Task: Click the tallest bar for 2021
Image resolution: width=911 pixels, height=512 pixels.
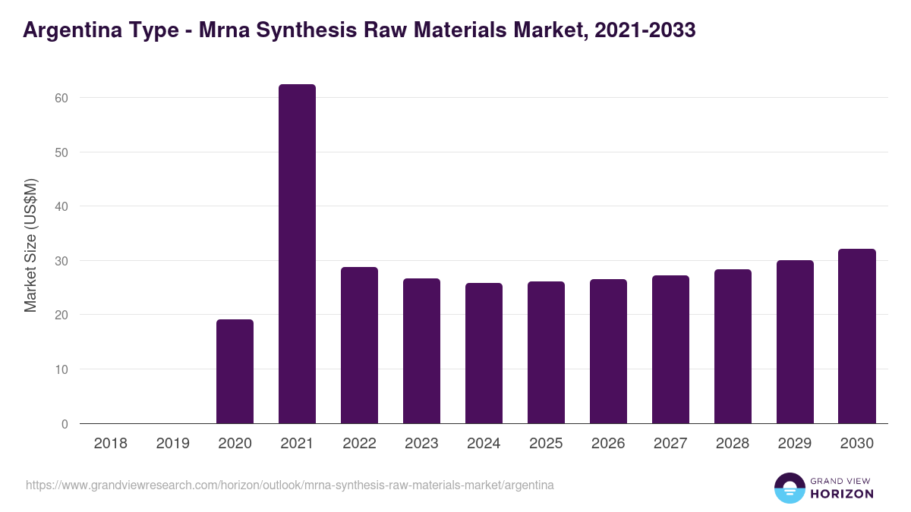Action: coord(297,254)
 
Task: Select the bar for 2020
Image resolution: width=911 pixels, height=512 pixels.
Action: coord(235,372)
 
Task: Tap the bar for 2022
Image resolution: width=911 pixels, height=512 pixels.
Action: coord(359,345)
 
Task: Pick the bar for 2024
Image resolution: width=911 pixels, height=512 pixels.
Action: coord(484,353)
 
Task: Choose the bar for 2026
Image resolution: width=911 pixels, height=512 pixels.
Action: coord(608,351)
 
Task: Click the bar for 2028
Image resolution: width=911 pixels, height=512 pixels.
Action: coord(733,347)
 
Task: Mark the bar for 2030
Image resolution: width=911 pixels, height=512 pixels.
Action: coord(857,336)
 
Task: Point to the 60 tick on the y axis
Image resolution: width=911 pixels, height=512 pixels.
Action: coord(61,98)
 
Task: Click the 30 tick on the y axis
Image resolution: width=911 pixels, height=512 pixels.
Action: coord(61,261)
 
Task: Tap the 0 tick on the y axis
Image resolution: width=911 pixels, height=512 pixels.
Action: coord(65,424)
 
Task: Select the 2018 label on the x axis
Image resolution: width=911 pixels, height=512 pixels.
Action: coord(110,444)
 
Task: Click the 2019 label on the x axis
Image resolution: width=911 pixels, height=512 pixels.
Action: coord(172,444)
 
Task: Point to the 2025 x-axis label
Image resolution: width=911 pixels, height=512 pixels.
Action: coord(546,444)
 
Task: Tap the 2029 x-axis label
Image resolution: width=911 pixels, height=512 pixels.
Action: coord(795,444)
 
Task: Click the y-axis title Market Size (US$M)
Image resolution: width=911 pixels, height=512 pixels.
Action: coord(30,245)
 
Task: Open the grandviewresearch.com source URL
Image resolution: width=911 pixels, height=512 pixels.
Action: coord(289,485)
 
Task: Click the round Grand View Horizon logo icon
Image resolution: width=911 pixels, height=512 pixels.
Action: coord(790,488)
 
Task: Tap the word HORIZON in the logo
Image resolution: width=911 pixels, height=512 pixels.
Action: coord(842,494)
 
